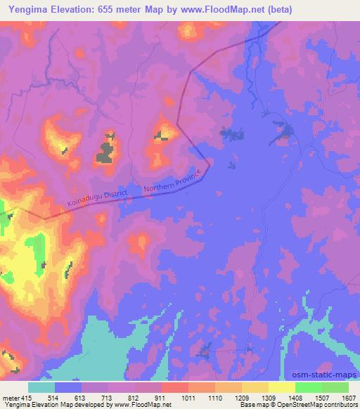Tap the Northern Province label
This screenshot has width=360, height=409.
click(x=176, y=181)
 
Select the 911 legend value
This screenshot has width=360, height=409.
click(x=162, y=397)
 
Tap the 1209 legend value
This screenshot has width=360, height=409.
click(x=241, y=397)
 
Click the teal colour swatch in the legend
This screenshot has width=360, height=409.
click(x=41, y=387)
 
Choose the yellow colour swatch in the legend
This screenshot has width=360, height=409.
click(x=281, y=387)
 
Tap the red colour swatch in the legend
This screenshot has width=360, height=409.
click(x=175, y=387)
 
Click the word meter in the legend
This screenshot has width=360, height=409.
click(x=10, y=397)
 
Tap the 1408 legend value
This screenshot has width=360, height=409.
click(x=295, y=397)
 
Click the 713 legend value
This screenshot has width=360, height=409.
click(x=108, y=397)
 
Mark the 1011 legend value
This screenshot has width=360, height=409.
click(x=188, y=397)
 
